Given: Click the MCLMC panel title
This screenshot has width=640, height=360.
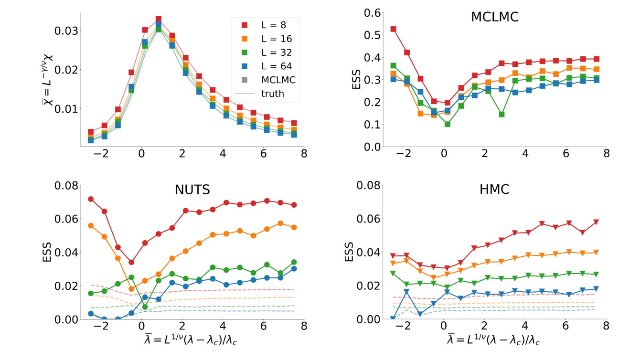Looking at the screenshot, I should (494, 18).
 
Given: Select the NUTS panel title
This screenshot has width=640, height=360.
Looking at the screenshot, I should (192, 190).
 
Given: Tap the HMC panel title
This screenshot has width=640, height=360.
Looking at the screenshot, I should (494, 190).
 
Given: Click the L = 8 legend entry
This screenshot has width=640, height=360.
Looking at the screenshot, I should (265, 24).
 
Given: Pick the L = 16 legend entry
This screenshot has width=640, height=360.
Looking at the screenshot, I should (265, 38).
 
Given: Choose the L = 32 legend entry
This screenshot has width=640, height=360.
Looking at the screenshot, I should (265, 52).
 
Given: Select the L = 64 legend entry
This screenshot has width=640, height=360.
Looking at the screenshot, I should (265, 66).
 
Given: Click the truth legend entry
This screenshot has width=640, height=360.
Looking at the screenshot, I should (265, 94).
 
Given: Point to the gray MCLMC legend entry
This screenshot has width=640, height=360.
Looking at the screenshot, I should (265, 80).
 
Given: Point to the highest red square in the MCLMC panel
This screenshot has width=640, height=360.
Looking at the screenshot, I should (394, 29).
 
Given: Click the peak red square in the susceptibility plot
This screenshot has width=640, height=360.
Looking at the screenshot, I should (159, 20).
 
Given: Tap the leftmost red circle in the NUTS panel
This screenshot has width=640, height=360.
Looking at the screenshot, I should (91, 199).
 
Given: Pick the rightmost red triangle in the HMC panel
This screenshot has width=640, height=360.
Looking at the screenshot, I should (596, 222).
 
